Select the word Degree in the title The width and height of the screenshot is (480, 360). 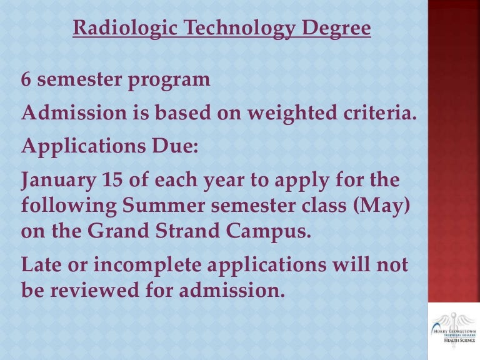click(338, 29)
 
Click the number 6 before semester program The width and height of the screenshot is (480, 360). click(26, 80)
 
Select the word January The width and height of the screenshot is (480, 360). click(54, 181)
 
